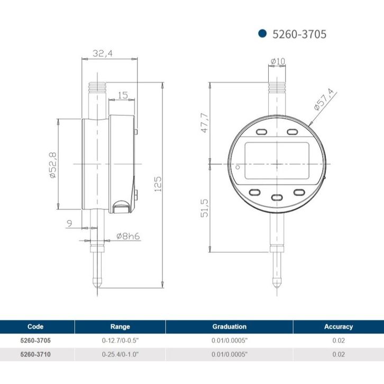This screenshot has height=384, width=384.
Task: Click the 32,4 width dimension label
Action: pyautogui.click(x=103, y=53)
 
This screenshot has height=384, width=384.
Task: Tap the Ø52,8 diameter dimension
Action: pyautogui.click(x=53, y=165)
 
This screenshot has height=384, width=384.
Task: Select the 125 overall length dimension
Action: pyautogui.click(x=158, y=184)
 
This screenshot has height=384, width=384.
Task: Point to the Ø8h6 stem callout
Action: pyautogui.click(x=128, y=236)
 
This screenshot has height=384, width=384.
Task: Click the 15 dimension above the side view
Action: pyautogui.click(x=123, y=95)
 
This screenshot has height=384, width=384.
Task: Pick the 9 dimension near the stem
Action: pyautogui.click(x=70, y=223)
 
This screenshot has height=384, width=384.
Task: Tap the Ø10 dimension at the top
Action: pyautogui.click(x=278, y=61)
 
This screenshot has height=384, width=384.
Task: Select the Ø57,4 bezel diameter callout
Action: pyautogui.click(x=324, y=99)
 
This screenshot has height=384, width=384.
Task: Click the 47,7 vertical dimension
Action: pyautogui.click(x=205, y=123)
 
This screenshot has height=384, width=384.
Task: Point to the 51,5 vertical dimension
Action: pyautogui.click(x=205, y=208)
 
